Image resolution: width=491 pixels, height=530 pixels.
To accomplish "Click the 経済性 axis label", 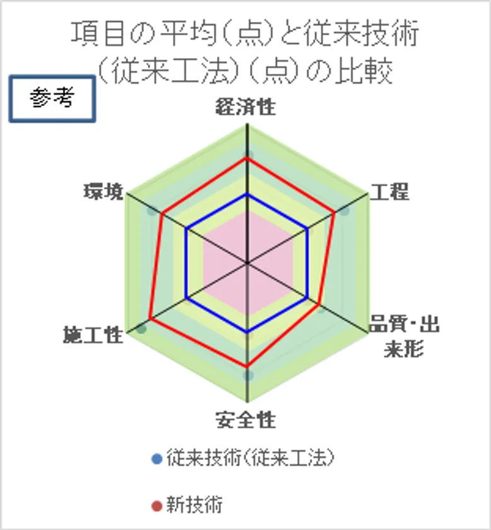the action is (245, 107).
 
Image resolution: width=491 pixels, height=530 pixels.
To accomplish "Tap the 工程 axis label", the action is (389, 192).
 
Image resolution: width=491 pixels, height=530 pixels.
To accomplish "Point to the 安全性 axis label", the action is (246, 420).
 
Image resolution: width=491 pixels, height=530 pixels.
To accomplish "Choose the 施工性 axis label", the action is (93, 335).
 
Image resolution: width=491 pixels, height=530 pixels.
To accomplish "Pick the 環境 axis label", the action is (104, 191).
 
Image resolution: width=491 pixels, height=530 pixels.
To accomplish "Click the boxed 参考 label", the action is (52, 98).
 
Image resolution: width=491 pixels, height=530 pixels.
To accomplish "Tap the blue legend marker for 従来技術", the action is (157, 459).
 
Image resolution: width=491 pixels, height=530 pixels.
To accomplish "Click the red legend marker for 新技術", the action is (157, 506).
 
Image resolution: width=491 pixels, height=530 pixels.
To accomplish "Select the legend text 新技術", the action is (194, 505).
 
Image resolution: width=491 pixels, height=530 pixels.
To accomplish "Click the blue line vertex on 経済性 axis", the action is (247, 195).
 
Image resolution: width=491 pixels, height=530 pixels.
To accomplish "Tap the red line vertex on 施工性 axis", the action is (150, 319).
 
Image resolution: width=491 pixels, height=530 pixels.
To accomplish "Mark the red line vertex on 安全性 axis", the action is (247, 367).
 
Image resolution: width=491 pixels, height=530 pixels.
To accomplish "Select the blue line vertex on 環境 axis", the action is (187, 229).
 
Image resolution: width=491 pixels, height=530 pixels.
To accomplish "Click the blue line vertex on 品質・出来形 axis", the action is (307, 298).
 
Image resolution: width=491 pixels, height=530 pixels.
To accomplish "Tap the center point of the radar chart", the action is (247, 263).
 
